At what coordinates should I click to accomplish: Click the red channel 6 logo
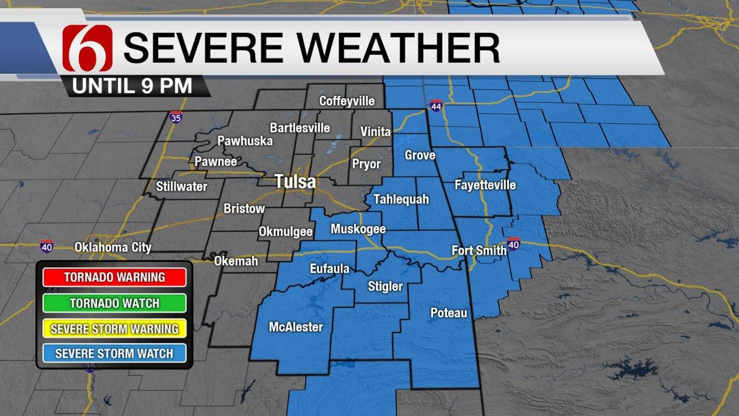coord(88,49)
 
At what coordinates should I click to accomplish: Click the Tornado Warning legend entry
coord(114,277)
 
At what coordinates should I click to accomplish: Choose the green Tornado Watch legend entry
coord(114,303)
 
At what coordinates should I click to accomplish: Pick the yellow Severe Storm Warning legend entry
coord(114,329)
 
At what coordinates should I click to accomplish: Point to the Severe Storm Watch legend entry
coord(114,353)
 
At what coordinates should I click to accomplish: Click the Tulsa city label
coord(295,182)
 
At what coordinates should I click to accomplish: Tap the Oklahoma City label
coord(113,247)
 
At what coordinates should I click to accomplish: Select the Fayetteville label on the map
coord(485,185)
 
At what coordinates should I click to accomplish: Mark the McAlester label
coord(296,327)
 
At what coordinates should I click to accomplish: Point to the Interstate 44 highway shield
coord(436,106)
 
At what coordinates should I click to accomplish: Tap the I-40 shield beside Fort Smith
coord(514,244)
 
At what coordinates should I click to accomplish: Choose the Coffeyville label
coord(347,101)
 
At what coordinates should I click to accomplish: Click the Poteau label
coord(449,313)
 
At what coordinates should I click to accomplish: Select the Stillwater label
coord(181,187)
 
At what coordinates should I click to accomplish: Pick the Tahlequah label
coord(401,199)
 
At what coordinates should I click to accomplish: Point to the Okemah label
coord(236,261)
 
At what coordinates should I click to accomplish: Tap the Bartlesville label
coord(300,128)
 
